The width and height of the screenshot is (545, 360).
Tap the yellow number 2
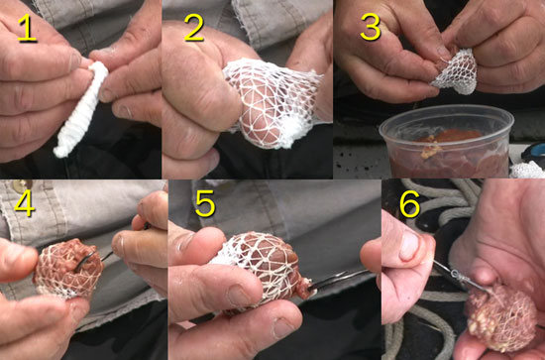point(193,28)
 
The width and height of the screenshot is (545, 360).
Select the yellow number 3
point(370,27)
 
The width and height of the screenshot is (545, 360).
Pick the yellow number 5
point(204,205)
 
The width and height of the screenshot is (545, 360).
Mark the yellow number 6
point(407,204)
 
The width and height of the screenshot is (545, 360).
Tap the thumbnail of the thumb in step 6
point(410,245)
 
